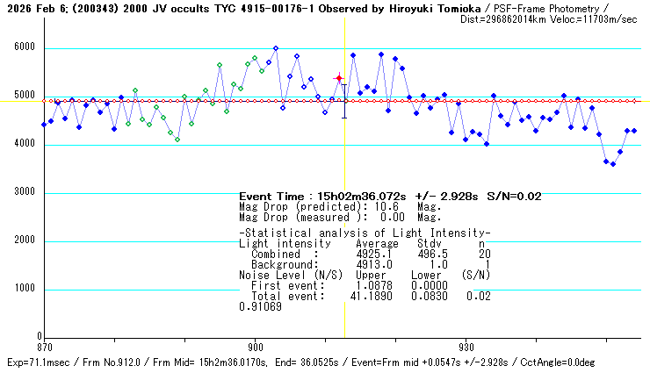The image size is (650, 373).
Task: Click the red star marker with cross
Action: pyautogui.click(x=339, y=78)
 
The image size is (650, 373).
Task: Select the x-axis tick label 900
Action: pyautogui.click(x=255, y=347)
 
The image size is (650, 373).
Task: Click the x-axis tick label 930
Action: pyautogui.click(x=466, y=347)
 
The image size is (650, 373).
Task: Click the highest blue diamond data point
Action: pyautogui.click(x=276, y=48)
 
